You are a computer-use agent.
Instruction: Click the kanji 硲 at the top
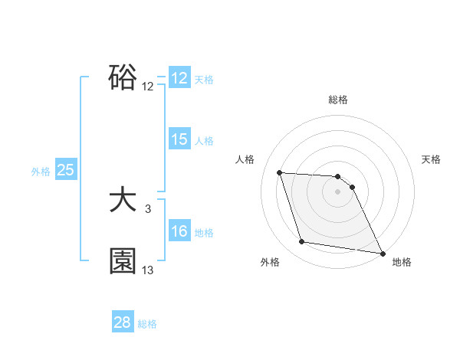point(123,77)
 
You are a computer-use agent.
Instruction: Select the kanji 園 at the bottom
point(123,261)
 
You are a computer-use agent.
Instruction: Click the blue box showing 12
point(179,78)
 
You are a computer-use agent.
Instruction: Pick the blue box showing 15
point(179,139)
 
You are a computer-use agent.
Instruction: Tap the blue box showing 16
point(179,231)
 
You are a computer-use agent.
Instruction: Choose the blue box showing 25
point(66,170)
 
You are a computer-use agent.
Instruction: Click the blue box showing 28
point(123,322)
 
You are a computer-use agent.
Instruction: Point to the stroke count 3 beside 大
point(147,208)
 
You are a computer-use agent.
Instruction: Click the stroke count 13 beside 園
point(148,270)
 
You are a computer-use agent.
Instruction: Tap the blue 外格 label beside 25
point(41,172)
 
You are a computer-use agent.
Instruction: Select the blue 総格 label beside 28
point(147,324)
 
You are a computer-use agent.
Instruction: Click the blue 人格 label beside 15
point(204,141)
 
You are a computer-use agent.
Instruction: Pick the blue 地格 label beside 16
point(204,233)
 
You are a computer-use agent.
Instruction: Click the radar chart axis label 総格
point(338,100)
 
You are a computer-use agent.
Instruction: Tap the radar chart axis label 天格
point(431,159)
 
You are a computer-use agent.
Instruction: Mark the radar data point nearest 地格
point(382,252)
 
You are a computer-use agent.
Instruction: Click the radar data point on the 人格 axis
point(279,172)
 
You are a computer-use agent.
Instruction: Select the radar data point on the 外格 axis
point(302,242)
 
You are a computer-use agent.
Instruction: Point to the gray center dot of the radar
point(338,192)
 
